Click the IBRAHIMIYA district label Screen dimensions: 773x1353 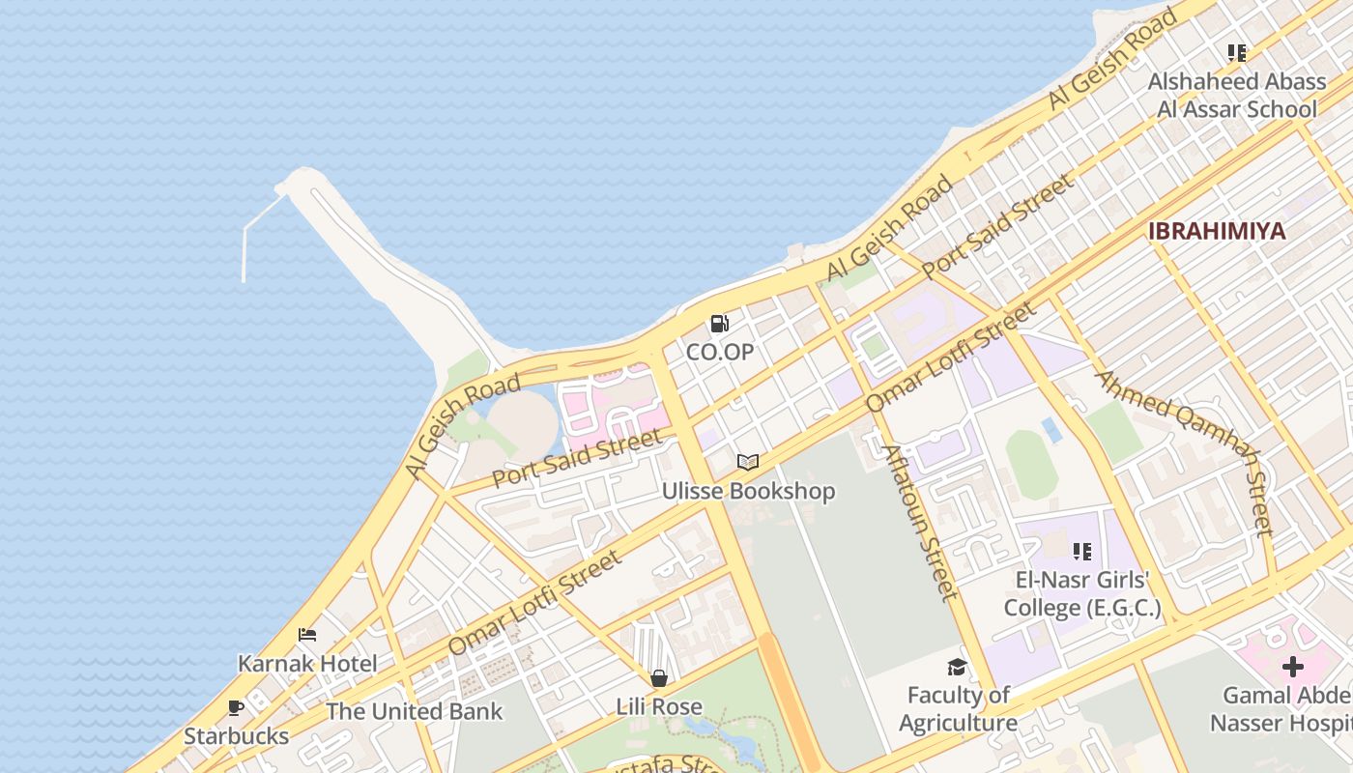tap(1216, 231)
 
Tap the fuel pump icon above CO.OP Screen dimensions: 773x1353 tap(719, 324)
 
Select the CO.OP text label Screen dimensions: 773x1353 tap(719, 353)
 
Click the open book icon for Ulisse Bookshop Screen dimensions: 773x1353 tap(747, 463)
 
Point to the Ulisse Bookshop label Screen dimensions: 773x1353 tap(747, 492)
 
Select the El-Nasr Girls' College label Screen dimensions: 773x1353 tap(1081, 594)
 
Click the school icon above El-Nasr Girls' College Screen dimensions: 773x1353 tap(1081, 552)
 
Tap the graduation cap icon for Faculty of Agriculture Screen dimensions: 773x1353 tap(957, 667)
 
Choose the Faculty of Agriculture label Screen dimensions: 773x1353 tap(958, 709)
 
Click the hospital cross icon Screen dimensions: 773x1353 tap(1292, 667)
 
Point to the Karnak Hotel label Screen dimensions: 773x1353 tap(307, 664)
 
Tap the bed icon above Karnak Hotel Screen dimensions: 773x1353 tap(307, 635)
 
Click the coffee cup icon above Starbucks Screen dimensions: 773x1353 tap(236, 708)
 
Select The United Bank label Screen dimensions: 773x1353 tap(414, 712)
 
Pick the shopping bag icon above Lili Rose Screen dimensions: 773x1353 tap(659, 678)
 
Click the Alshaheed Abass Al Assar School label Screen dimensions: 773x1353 tap(1236, 95)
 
